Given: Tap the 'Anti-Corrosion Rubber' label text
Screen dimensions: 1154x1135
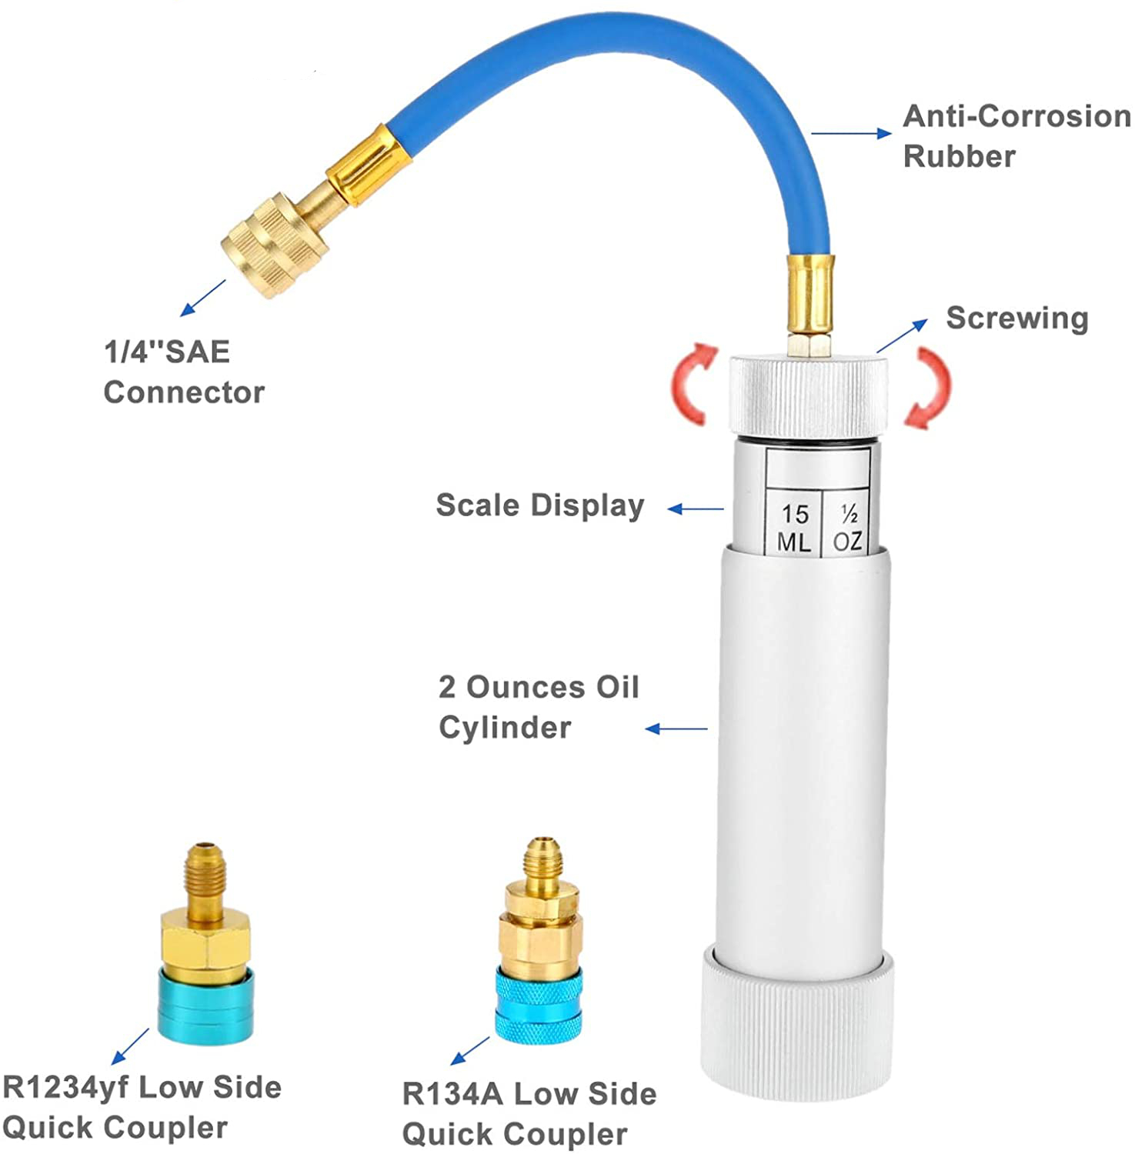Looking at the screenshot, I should click(x=1016, y=136).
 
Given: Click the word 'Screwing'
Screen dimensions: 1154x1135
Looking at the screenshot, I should click(x=1016, y=318).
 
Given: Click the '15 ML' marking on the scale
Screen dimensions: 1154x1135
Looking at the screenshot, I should click(x=794, y=528).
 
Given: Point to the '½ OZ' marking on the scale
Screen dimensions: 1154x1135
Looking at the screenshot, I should click(x=847, y=528).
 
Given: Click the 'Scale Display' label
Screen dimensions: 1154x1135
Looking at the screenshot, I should click(x=539, y=505).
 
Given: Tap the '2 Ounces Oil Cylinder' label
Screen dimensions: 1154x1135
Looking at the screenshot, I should click(x=538, y=707).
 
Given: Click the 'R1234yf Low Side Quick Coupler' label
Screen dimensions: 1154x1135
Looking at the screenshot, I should click(x=142, y=1107).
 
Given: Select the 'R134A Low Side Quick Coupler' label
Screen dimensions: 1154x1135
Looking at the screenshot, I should click(x=529, y=1113).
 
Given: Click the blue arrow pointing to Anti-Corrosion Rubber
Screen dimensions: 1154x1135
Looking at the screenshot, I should click(x=851, y=134).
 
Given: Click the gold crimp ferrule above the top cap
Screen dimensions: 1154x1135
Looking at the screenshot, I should click(x=808, y=292).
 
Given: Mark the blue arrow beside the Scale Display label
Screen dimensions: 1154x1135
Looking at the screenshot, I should click(x=695, y=509).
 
